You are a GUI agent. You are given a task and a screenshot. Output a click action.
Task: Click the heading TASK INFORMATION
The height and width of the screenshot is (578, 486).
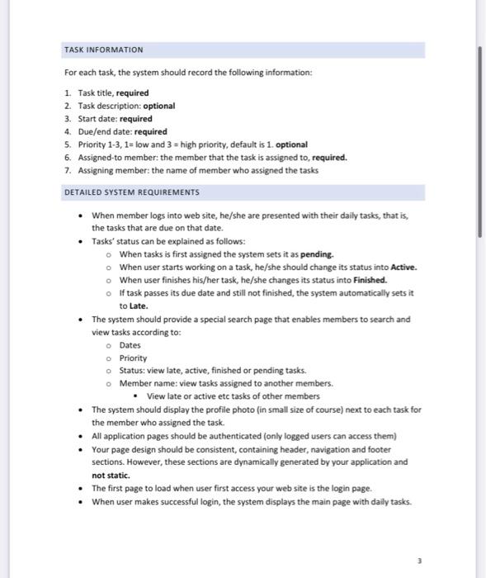point(103,50)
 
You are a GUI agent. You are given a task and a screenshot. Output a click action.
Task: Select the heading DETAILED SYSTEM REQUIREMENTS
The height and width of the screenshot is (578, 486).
point(132,192)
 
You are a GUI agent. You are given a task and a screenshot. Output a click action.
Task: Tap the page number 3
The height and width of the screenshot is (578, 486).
point(420,559)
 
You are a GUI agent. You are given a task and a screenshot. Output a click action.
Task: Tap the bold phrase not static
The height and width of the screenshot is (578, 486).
point(111,476)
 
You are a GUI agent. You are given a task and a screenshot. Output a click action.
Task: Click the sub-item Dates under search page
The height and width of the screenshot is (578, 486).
point(130,345)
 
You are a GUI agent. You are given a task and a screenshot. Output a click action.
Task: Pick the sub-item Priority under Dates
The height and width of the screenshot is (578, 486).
point(133,358)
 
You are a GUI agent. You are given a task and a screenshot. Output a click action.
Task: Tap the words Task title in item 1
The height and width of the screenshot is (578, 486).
point(95,92)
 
